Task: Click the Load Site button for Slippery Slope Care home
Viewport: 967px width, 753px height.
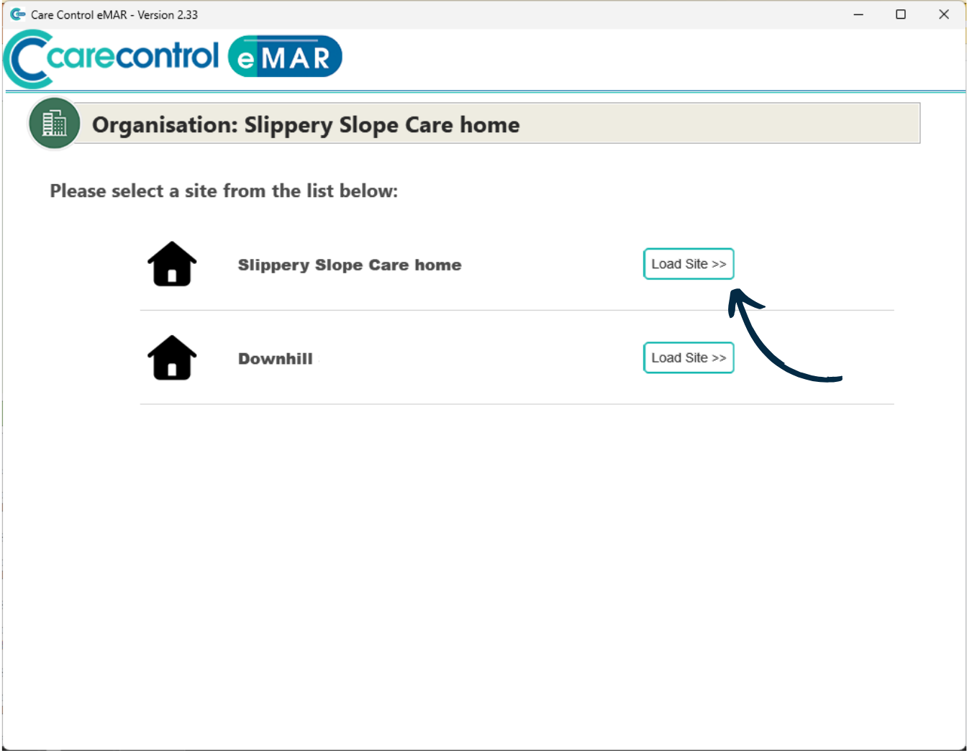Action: (x=688, y=264)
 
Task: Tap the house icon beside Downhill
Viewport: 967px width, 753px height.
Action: (x=172, y=357)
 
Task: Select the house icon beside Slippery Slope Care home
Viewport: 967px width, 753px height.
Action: (x=172, y=264)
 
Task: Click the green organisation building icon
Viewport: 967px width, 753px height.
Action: (x=54, y=123)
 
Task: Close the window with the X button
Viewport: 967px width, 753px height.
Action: (x=943, y=14)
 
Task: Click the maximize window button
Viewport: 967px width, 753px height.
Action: (x=900, y=14)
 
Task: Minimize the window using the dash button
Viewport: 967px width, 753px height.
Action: (x=858, y=15)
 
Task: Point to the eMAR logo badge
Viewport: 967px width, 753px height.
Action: (x=285, y=56)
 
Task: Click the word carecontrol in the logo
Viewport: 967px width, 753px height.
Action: (x=132, y=56)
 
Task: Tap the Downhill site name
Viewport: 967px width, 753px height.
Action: (x=276, y=358)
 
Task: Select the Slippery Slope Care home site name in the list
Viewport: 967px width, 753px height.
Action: (x=350, y=265)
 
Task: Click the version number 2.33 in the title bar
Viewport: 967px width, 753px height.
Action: (x=187, y=14)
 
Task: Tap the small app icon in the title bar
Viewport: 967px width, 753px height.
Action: (x=17, y=14)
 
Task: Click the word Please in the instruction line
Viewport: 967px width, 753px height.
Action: (x=78, y=191)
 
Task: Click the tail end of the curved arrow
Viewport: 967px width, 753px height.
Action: (x=840, y=378)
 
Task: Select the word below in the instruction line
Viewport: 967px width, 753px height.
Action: (x=368, y=191)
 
